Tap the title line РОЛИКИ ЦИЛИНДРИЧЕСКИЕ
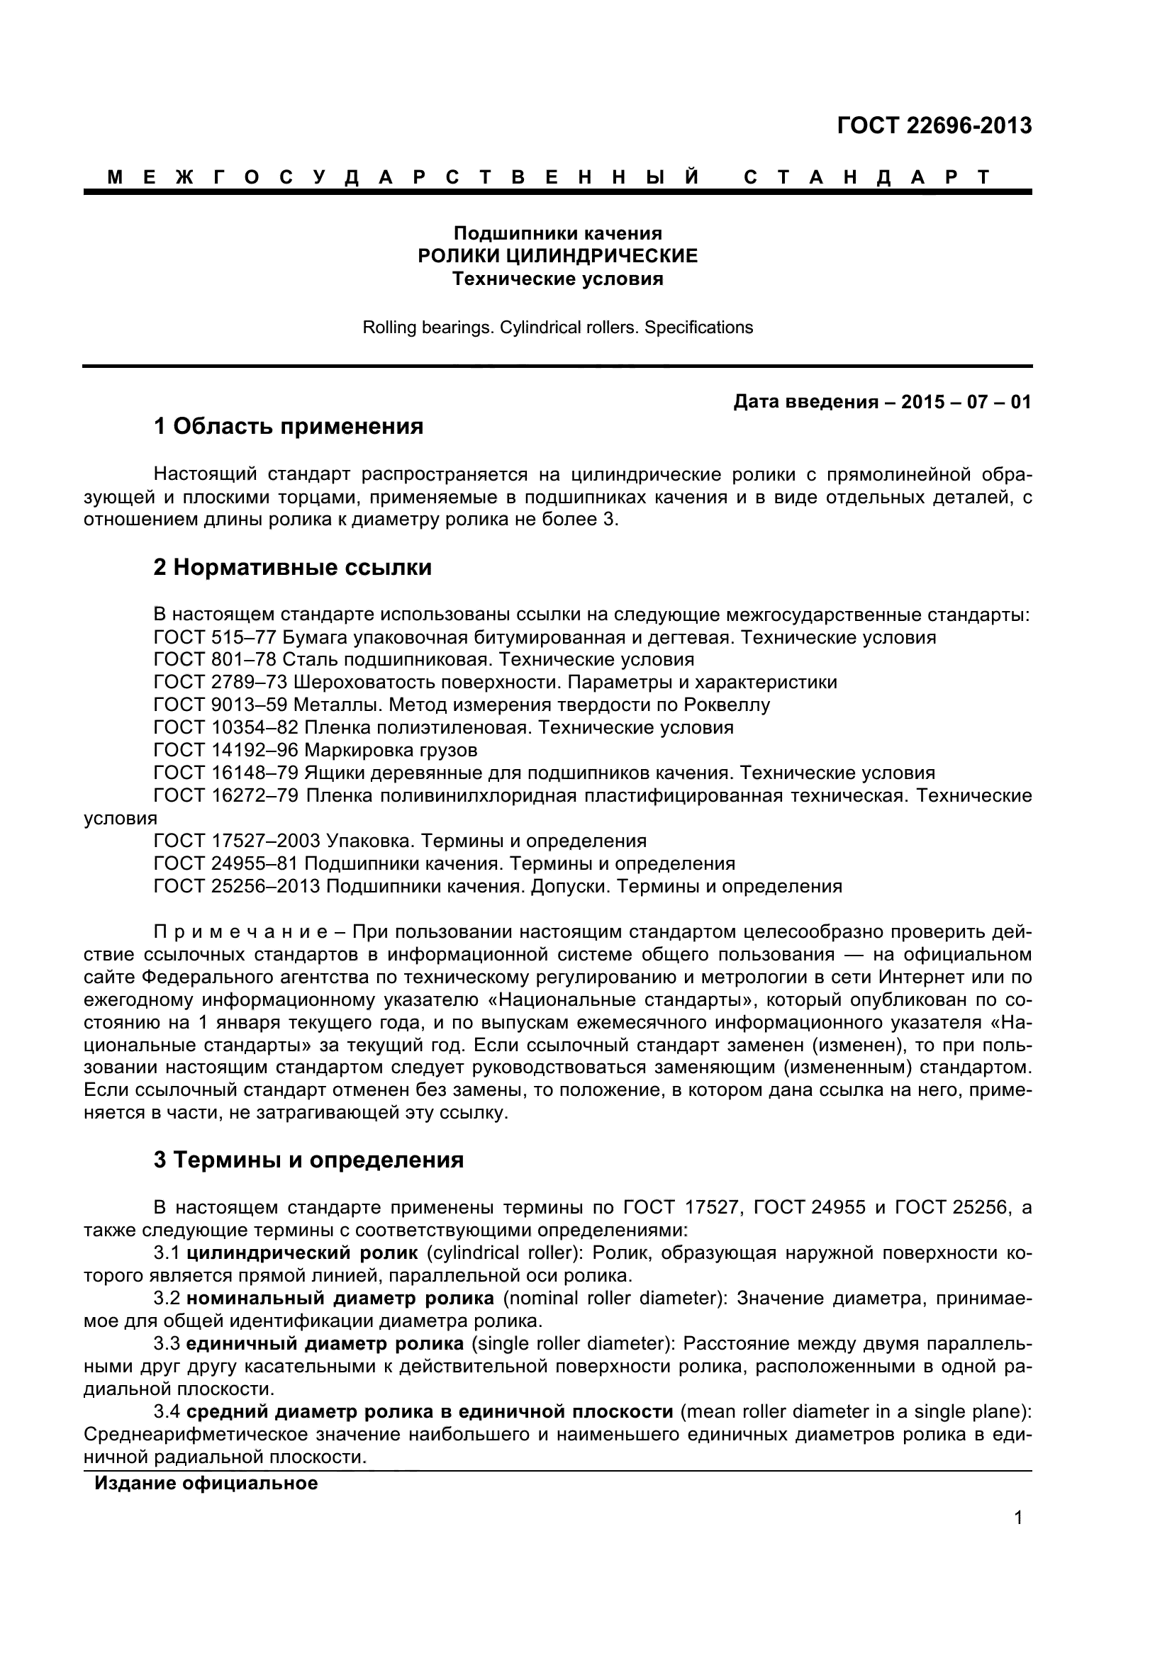[557, 256]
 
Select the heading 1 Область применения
[288, 427]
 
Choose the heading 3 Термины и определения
[308, 1160]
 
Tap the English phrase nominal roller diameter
[613, 1299]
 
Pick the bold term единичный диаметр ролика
[324, 1344]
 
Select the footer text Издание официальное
[206, 1483]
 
